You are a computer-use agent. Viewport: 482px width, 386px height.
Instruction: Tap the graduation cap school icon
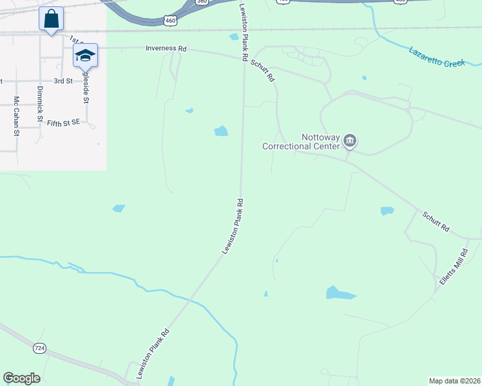85,56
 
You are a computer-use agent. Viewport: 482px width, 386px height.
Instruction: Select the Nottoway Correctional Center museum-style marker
350,140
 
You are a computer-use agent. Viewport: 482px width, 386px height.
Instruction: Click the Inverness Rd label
166,48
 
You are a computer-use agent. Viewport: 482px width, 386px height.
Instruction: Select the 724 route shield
40,348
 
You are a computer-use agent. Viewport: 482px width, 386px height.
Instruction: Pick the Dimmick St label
40,105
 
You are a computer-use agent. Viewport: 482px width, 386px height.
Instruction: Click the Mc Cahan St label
17,116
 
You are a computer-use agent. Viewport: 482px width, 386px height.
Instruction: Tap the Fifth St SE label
63,122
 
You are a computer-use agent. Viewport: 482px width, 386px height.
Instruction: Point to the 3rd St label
63,81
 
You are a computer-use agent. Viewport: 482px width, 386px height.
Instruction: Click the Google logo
21,378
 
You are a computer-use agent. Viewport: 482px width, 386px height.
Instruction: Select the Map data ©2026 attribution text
454,380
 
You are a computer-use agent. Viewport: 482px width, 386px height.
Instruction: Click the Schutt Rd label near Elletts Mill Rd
437,224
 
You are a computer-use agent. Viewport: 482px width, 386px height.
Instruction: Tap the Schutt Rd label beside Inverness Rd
263,67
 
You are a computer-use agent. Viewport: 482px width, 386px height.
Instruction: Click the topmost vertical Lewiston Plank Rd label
244,32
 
